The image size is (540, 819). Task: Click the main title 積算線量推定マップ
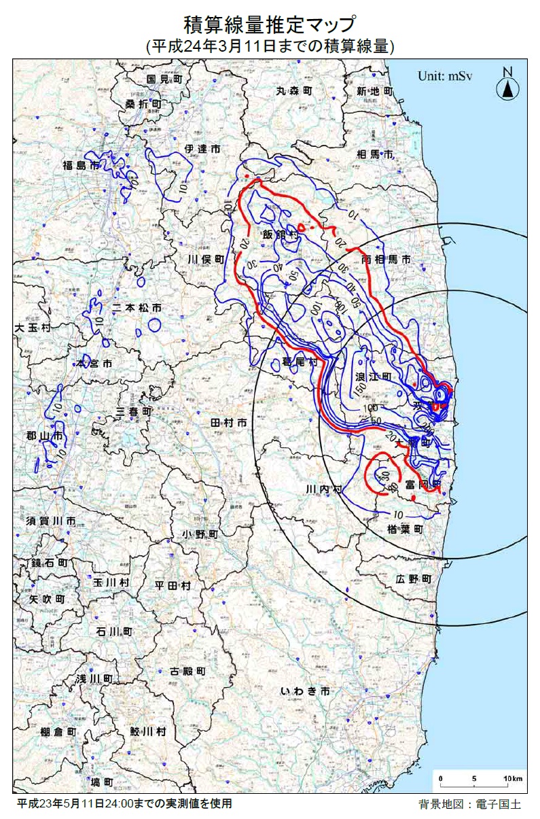[270, 25]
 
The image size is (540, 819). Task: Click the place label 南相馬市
[386, 259]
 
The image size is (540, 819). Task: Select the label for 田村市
[228, 422]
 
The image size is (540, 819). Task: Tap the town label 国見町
[165, 79]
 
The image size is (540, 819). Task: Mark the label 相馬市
[375, 155]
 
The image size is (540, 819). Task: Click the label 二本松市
[137, 307]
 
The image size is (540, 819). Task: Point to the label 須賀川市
[51, 521]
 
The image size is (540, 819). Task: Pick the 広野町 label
[413, 578]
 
